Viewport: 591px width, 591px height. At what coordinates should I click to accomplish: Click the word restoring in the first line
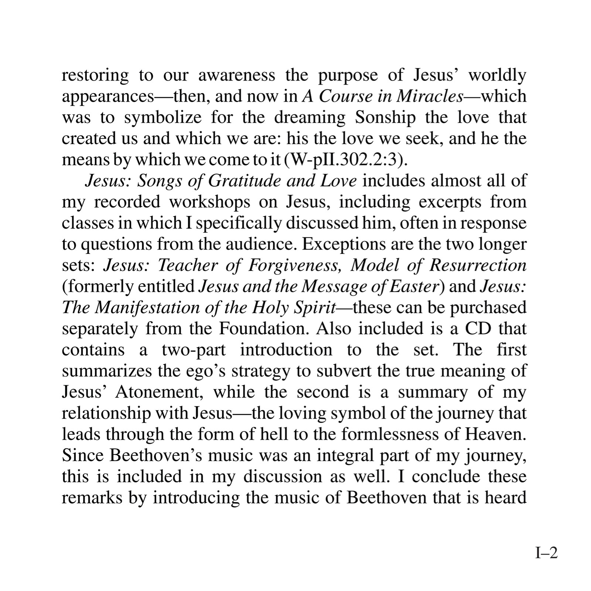tap(95, 76)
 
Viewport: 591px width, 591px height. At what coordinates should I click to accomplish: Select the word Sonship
tap(385, 118)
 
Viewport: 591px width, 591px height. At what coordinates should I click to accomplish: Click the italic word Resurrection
tap(478, 266)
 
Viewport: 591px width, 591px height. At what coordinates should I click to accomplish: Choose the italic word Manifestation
tap(147, 308)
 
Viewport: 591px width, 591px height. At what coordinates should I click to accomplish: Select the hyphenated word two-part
tap(194, 350)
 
